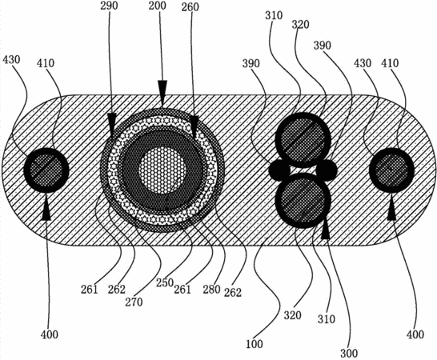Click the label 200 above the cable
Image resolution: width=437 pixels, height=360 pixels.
[157, 6]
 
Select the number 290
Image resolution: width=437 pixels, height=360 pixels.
[109, 6]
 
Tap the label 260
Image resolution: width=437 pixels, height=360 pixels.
[190, 7]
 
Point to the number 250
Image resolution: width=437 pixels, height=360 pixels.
[165, 283]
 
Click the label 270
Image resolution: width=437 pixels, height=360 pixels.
[134, 302]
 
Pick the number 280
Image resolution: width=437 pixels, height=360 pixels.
[212, 290]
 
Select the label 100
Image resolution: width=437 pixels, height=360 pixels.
[255, 344]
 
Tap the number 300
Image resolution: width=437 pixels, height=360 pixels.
[349, 354]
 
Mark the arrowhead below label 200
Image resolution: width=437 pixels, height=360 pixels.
[162, 89]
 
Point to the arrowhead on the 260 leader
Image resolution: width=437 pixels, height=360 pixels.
[194, 125]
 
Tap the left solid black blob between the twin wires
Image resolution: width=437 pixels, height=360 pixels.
[279, 169]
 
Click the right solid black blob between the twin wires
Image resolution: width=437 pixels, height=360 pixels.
[327, 169]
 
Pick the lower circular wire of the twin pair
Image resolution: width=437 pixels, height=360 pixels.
[303, 201]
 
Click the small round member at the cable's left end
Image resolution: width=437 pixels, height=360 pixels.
[46, 170]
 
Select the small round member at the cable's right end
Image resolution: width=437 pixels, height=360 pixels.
[391, 170]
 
